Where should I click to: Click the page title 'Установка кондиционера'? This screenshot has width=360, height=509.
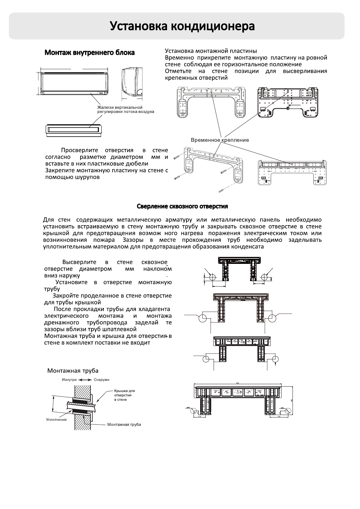click(x=182, y=26)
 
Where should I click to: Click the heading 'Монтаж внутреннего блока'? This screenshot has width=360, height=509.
click(x=90, y=53)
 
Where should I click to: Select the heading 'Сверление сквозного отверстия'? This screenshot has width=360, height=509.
click(x=182, y=206)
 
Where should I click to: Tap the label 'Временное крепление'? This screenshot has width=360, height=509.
click(x=220, y=140)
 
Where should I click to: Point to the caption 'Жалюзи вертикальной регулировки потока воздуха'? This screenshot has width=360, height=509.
click(x=126, y=109)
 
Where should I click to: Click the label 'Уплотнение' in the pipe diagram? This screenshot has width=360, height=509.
click(x=56, y=420)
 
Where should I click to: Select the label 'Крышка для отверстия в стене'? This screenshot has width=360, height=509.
click(x=124, y=395)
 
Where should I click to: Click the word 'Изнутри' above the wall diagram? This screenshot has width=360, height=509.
click(x=69, y=380)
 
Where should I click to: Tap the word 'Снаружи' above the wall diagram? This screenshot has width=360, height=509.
click(x=102, y=380)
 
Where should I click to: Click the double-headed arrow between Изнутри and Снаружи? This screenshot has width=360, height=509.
click(x=85, y=380)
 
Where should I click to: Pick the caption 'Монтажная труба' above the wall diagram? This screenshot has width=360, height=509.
click(x=73, y=371)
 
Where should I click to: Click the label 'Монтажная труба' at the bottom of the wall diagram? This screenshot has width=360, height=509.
click(x=124, y=425)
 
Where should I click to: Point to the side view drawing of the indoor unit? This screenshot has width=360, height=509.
click(x=132, y=83)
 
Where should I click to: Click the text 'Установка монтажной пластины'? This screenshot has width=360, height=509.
click(x=211, y=51)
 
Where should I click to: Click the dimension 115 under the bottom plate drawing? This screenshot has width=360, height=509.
click(x=200, y=417)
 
